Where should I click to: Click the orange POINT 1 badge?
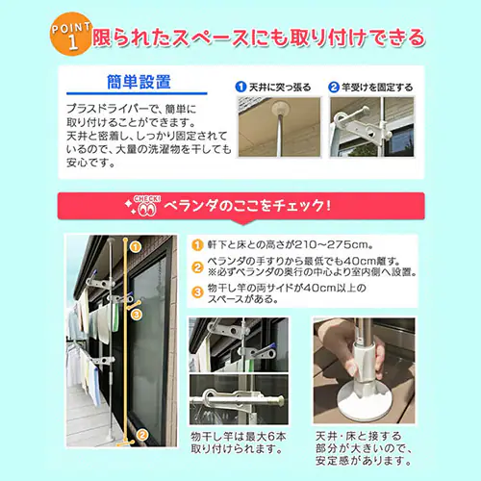[x=71, y=35]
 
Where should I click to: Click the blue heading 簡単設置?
[x=139, y=82]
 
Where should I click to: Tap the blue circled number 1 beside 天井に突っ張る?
[x=240, y=87]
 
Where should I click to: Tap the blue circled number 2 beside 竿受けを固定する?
[x=334, y=87]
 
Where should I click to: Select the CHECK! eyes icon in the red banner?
[x=146, y=206]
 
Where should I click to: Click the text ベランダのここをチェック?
[x=247, y=206]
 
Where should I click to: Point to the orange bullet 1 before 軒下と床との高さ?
[x=197, y=245]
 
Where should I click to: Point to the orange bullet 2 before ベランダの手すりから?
[x=197, y=267]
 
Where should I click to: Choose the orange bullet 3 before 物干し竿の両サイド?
[x=197, y=292]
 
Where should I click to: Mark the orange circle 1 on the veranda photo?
[x=136, y=247]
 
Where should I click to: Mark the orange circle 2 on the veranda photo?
[x=142, y=435]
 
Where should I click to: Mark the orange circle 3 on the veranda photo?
[x=137, y=315]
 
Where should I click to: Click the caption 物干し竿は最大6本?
[x=239, y=437]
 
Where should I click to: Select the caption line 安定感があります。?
[x=364, y=461]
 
